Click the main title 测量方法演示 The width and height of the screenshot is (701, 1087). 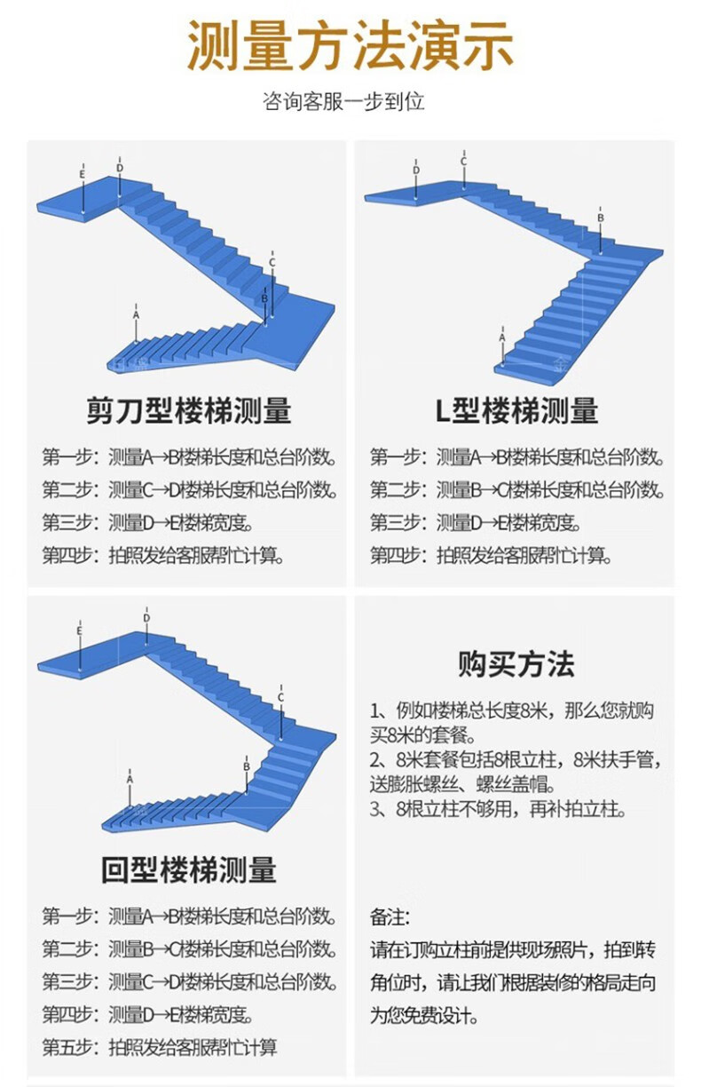[x=350, y=46]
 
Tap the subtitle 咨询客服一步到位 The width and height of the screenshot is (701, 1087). [x=343, y=101]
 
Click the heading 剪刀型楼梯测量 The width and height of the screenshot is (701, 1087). [x=189, y=410]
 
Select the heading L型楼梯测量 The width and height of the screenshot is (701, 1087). [x=516, y=410]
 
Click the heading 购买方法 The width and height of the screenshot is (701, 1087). [x=516, y=664]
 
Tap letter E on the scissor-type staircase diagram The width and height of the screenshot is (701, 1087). [x=83, y=174]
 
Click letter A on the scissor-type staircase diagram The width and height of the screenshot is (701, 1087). [x=136, y=315]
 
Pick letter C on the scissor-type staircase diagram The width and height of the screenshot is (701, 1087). [x=272, y=263]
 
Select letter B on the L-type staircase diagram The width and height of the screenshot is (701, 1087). [x=601, y=218]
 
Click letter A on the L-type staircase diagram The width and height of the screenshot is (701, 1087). [x=502, y=337]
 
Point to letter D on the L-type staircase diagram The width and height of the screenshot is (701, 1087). [x=416, y=170]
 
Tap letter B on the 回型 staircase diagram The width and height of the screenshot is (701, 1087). [x=247, y=766]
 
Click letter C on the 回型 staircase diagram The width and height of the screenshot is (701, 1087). [x=280, y=698]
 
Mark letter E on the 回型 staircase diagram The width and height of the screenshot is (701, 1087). [x=80, y=631]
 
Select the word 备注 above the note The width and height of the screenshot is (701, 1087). [x=386, y=917]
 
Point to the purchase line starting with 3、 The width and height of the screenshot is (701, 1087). [x=498, y=809]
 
